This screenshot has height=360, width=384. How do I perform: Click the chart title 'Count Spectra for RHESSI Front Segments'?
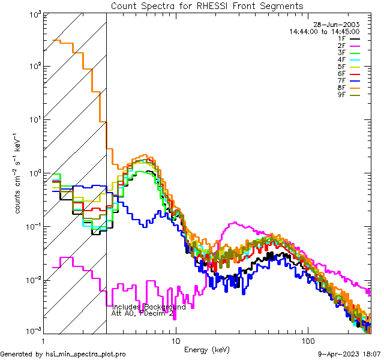pyautogui.click(x=207, y=6)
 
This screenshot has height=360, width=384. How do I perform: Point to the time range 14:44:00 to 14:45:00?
pyautogui.click(x=324, y=31)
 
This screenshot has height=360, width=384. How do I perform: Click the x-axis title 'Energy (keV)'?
pyautogui.click(x=207, y=350)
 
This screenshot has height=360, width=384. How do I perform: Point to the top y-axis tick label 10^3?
pyautogui.click(x=33, y=14)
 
